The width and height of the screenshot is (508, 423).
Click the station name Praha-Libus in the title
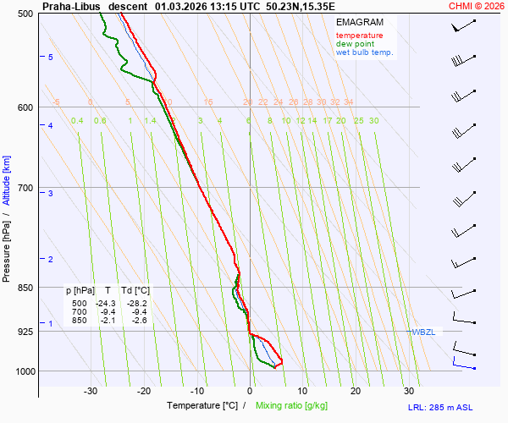click(x=70, y=5)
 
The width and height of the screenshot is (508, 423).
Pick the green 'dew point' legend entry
click(x=355, y=44)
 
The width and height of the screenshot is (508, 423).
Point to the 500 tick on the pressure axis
click(x=25, y=14)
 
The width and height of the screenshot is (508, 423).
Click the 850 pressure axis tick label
click(x=25, y=288)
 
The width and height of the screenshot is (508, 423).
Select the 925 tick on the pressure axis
click(x=25, y=331)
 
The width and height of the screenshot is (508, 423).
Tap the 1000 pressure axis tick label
click(x=22, y=371)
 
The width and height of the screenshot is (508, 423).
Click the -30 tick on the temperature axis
click(x=91, y=391)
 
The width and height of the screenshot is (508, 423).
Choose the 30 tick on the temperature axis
click(x=409, y=391)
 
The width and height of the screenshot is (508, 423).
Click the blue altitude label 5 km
click(x=51, y=58)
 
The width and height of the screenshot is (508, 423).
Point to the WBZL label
click(x=423, y=332)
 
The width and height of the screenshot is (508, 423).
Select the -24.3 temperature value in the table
click(x=106, y=303)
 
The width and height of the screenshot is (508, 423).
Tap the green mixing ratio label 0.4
click(x=77, y=121)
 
